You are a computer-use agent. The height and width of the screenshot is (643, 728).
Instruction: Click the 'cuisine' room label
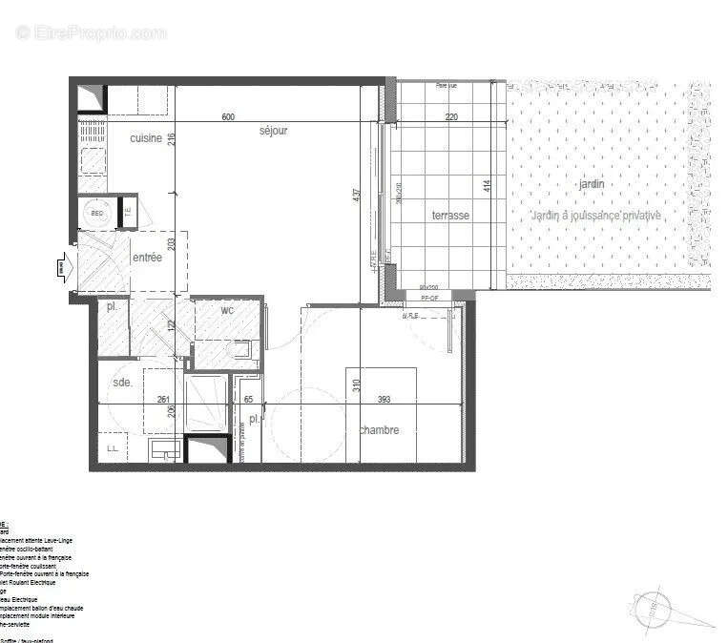pos(146,139)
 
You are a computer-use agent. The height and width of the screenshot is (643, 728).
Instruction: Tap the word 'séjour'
pos(272,131)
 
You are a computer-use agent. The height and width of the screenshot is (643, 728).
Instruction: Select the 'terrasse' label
pos(450,216)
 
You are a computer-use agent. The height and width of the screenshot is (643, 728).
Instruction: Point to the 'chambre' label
pos(379,430)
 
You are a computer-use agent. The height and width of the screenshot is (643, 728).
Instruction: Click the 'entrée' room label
pos(147,258)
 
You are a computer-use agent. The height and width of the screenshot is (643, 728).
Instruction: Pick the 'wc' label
pos(227,310)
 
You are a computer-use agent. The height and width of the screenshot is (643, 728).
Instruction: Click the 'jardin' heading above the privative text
pos(591,184)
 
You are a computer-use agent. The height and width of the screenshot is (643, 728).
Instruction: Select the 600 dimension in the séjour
pos(228,117)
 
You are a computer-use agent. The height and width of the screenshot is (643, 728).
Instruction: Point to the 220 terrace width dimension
pos(452,117)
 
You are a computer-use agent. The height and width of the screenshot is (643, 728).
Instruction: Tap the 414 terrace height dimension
pos(487,185)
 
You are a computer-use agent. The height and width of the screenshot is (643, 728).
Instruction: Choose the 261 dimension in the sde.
pos(163,400)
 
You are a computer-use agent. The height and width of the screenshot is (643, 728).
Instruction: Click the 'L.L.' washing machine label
pos(112,447)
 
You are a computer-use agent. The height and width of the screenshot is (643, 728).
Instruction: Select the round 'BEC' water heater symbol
pos(95,214)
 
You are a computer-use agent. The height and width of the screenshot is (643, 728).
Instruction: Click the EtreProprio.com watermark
pos(91,32)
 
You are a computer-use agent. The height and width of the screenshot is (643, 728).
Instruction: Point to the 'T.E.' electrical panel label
pos(127,212)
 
